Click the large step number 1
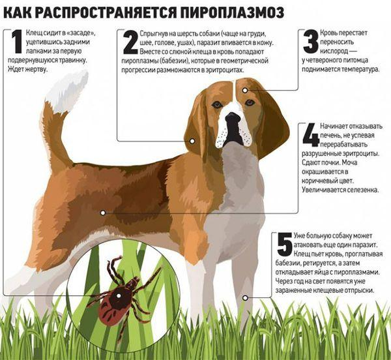[x=16, y=41]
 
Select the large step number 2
[x=130, y=42]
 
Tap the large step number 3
[x=311, y=42]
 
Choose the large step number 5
[x=284, y=243]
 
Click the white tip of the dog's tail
[x=70, y=86]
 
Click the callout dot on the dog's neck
[x=192, y=140]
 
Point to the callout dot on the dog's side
[x=102, y=212]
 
